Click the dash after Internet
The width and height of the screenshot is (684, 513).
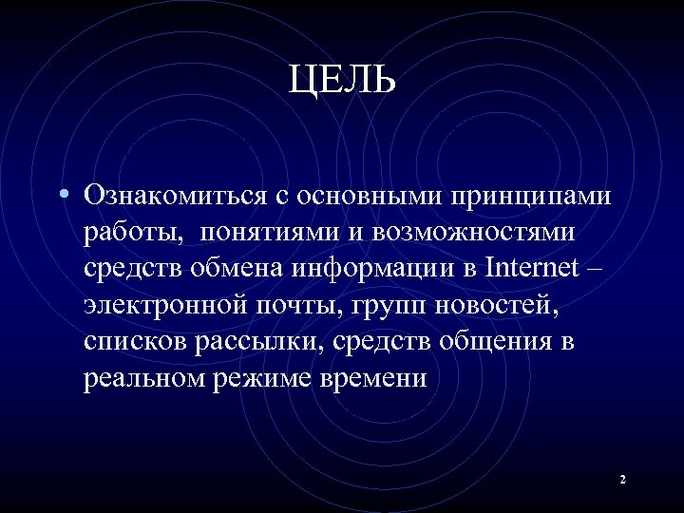(x=595, y=269)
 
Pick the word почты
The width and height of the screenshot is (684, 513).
(x=313, y=306)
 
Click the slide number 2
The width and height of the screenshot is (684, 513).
(x=622, y=480)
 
